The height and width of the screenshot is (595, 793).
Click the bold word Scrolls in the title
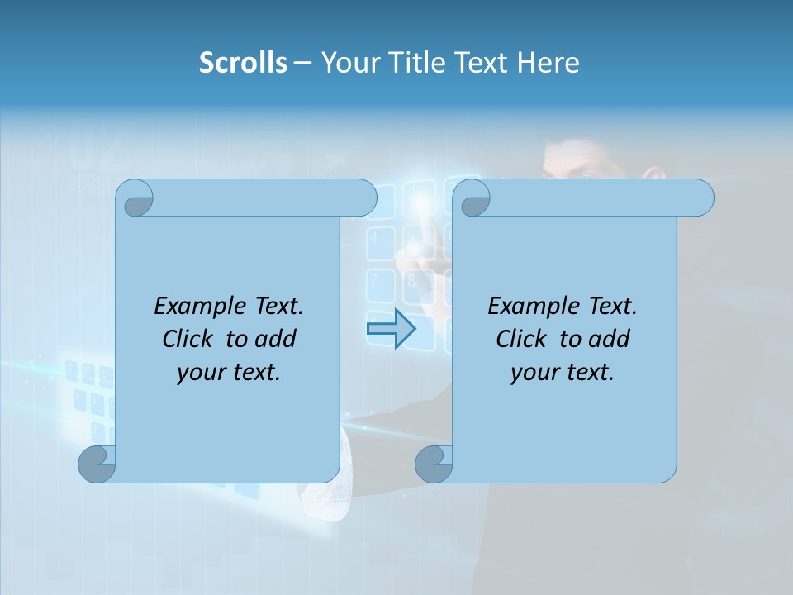243,63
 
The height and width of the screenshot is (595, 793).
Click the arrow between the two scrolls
391,329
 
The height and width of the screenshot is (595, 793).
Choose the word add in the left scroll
276,339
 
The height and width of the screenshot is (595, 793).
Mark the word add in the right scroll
610,339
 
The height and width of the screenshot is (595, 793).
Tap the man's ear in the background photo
653,176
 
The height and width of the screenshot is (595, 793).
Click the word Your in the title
348,63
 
